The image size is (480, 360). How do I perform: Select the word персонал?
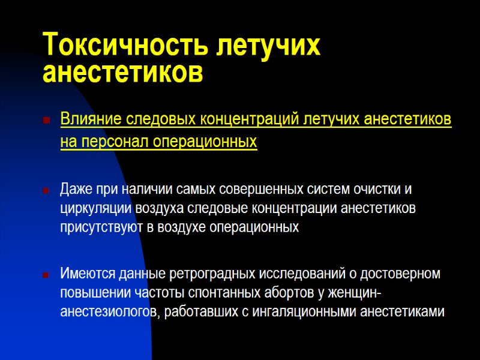(x=112, y=142)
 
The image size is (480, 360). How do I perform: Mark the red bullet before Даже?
(x=46, y=190)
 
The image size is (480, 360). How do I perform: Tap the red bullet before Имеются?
(x=46, y=275)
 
